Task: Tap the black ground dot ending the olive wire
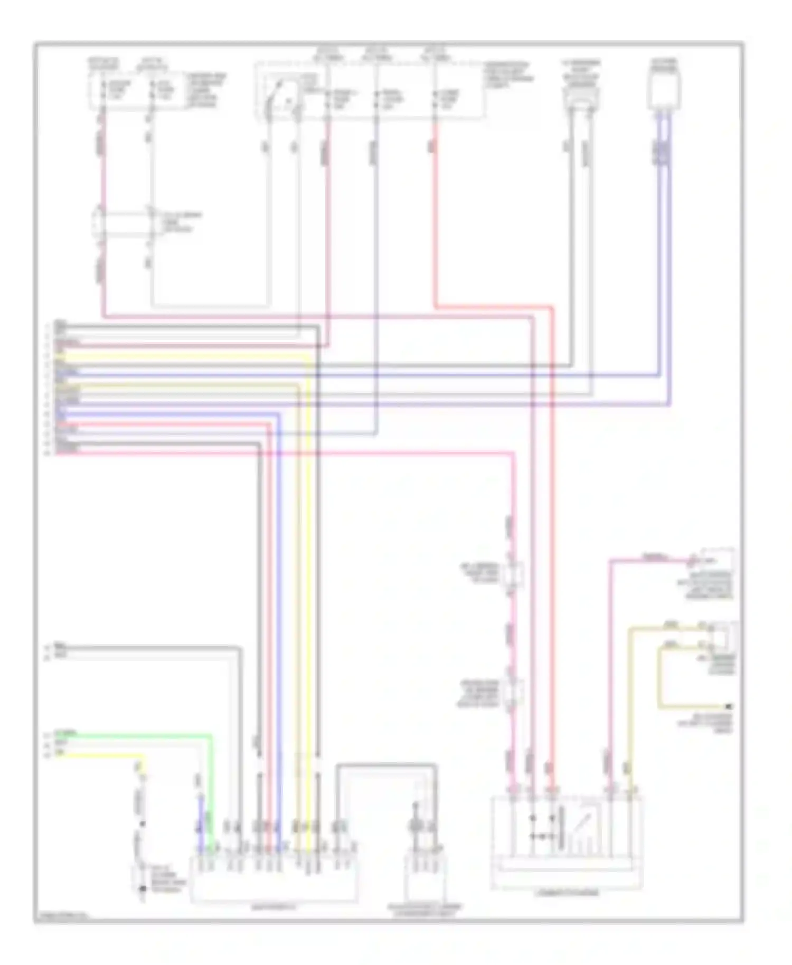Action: point(729,706)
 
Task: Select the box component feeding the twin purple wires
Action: point(664,91)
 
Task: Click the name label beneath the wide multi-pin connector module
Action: point(272,907)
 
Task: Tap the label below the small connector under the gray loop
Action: point(425,911)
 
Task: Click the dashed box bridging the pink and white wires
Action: point(124,224)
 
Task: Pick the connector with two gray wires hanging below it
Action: point(580,98)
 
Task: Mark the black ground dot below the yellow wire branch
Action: point(142,889)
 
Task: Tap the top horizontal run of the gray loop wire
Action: point(386,764)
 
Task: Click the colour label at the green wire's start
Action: point(67,733)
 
